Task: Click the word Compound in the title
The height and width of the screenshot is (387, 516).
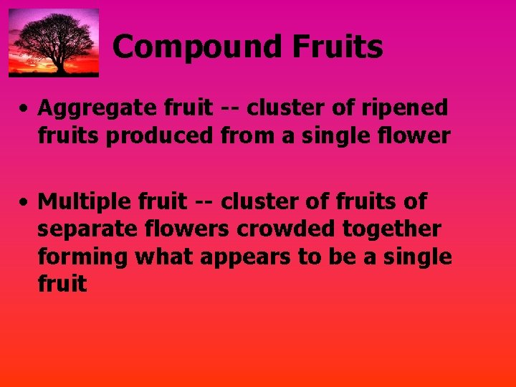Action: click(198, 48)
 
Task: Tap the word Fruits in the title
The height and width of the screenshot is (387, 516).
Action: click(337, 48)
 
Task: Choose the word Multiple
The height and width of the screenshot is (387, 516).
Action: click(80, 203)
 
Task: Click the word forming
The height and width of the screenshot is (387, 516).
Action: click(79, 257)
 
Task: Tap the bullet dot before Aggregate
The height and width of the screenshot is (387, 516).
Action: click(24, 110)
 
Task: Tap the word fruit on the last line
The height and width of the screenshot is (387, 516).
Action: click(62, 285)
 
